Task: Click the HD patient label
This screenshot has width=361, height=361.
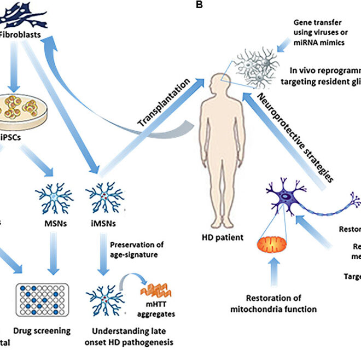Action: click(223, 238)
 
